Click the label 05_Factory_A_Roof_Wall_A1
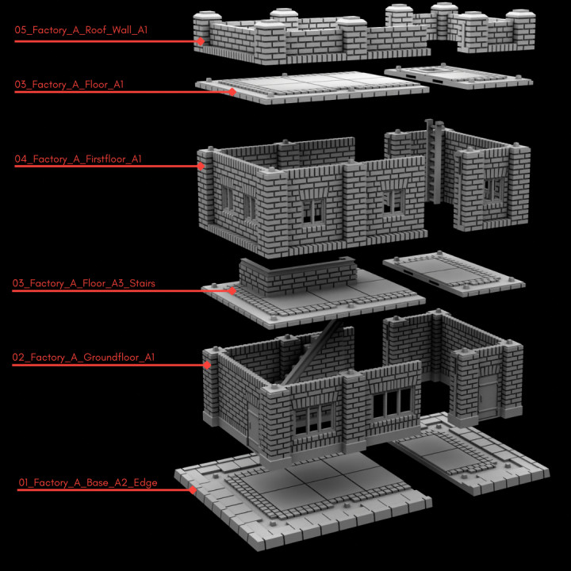click(x=81, y=30)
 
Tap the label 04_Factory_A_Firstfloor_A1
click(x=78, y=159)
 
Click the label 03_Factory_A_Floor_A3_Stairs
click(x=83, y=282)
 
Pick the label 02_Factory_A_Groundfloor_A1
click(x=82, y=358)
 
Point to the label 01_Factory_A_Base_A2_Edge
click(x=87, y=482)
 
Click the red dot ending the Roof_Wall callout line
click(x=201, y=41)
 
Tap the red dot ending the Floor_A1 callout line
click(x=232, y=92)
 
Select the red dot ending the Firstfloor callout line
click(x=202, y=167)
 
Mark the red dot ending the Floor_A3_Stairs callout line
click(x=232, y=291)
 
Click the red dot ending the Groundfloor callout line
click(x=206, y=366)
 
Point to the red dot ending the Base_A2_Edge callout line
click(x=193, y=490)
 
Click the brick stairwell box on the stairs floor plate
click(x=297, y=275)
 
